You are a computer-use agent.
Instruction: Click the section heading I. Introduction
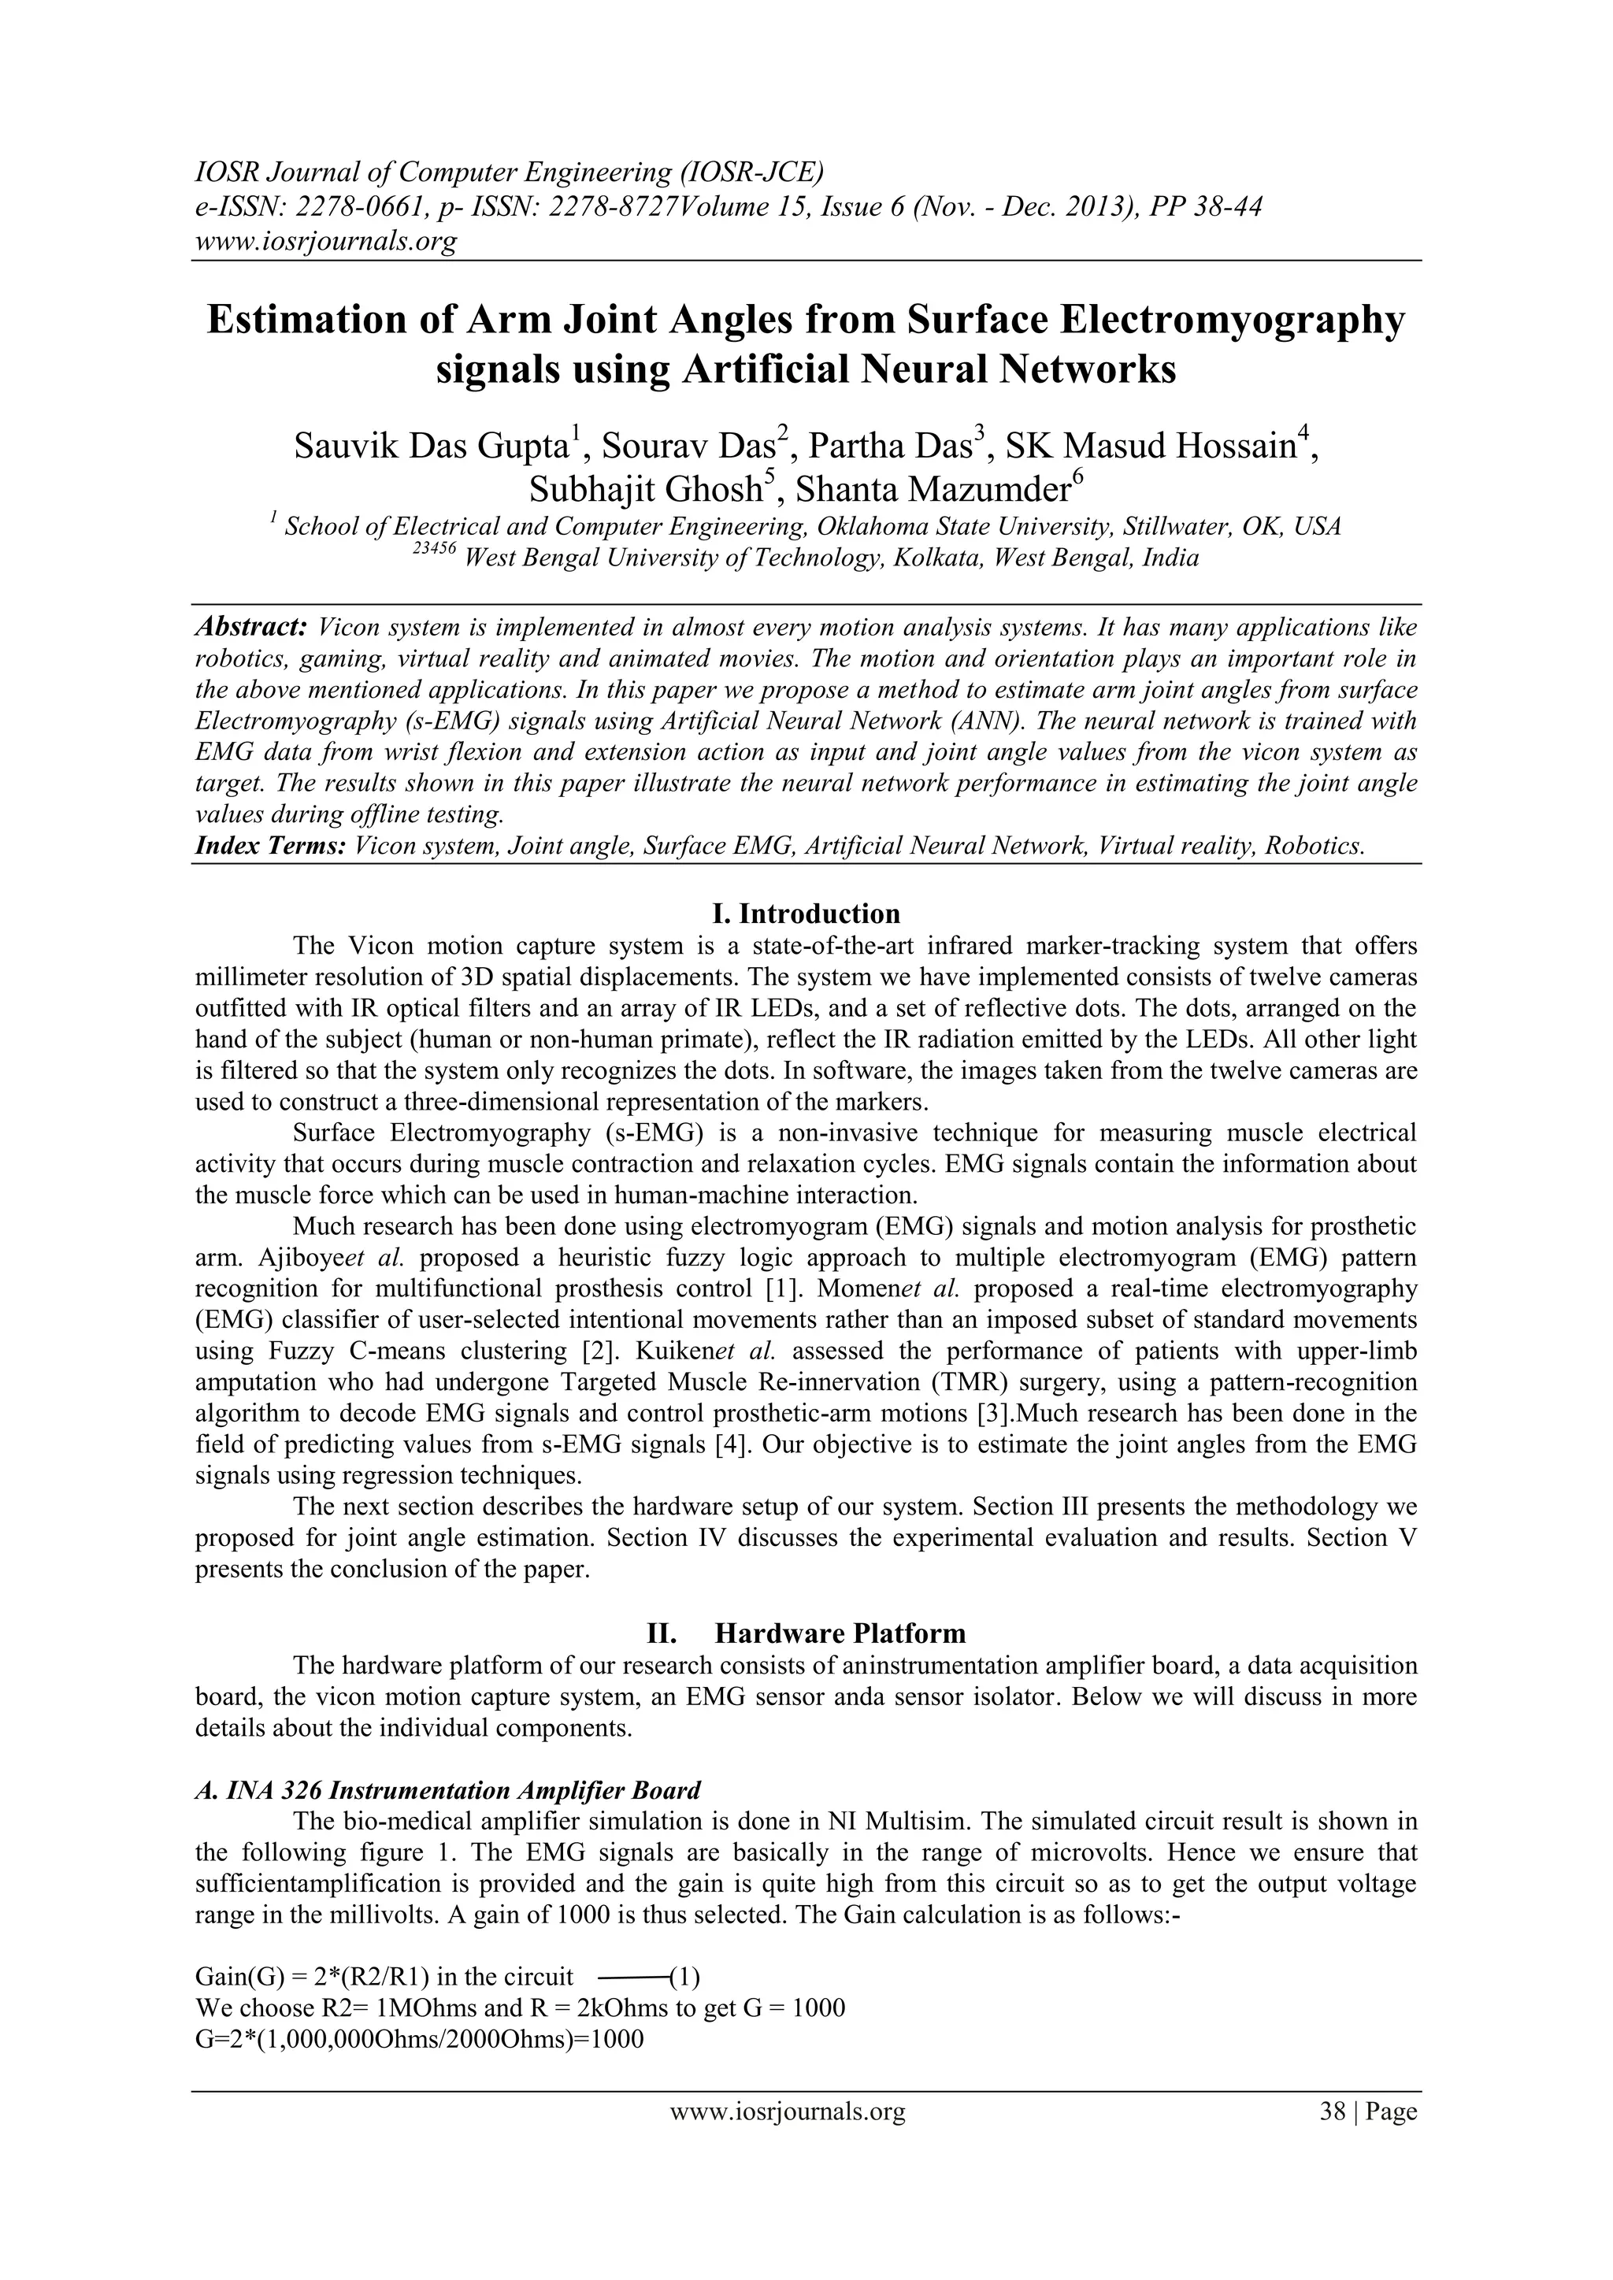tap(806, 914)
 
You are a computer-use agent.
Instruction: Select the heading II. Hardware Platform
tap(806, 1633)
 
